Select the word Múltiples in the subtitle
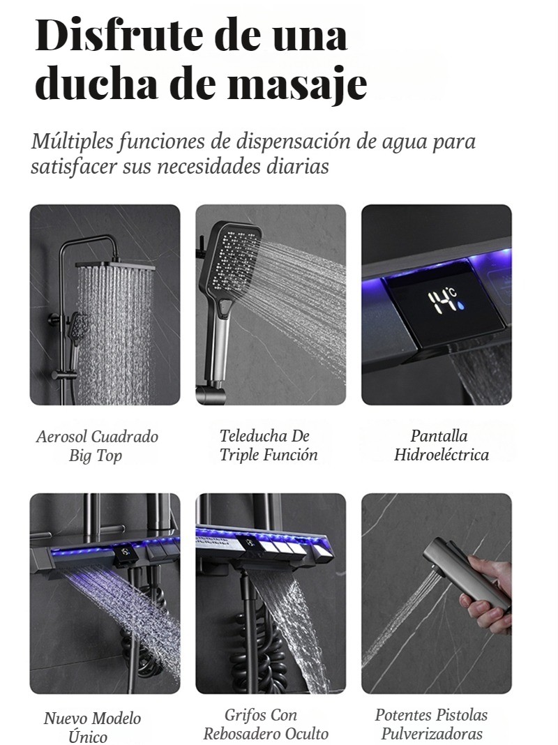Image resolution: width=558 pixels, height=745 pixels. pos(73,142)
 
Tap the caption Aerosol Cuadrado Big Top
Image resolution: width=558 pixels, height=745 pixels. pos(97,446)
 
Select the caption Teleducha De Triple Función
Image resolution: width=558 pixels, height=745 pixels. pos(269,445)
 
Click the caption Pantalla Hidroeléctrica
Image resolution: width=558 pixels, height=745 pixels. pos(442,445)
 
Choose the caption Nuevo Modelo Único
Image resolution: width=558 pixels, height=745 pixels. pos(92,726)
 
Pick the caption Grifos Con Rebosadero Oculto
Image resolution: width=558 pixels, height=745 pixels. pos(266,723)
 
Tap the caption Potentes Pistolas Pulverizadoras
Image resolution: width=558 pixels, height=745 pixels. pos(432,723)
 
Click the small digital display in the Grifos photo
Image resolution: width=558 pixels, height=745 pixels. pos(249,543)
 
